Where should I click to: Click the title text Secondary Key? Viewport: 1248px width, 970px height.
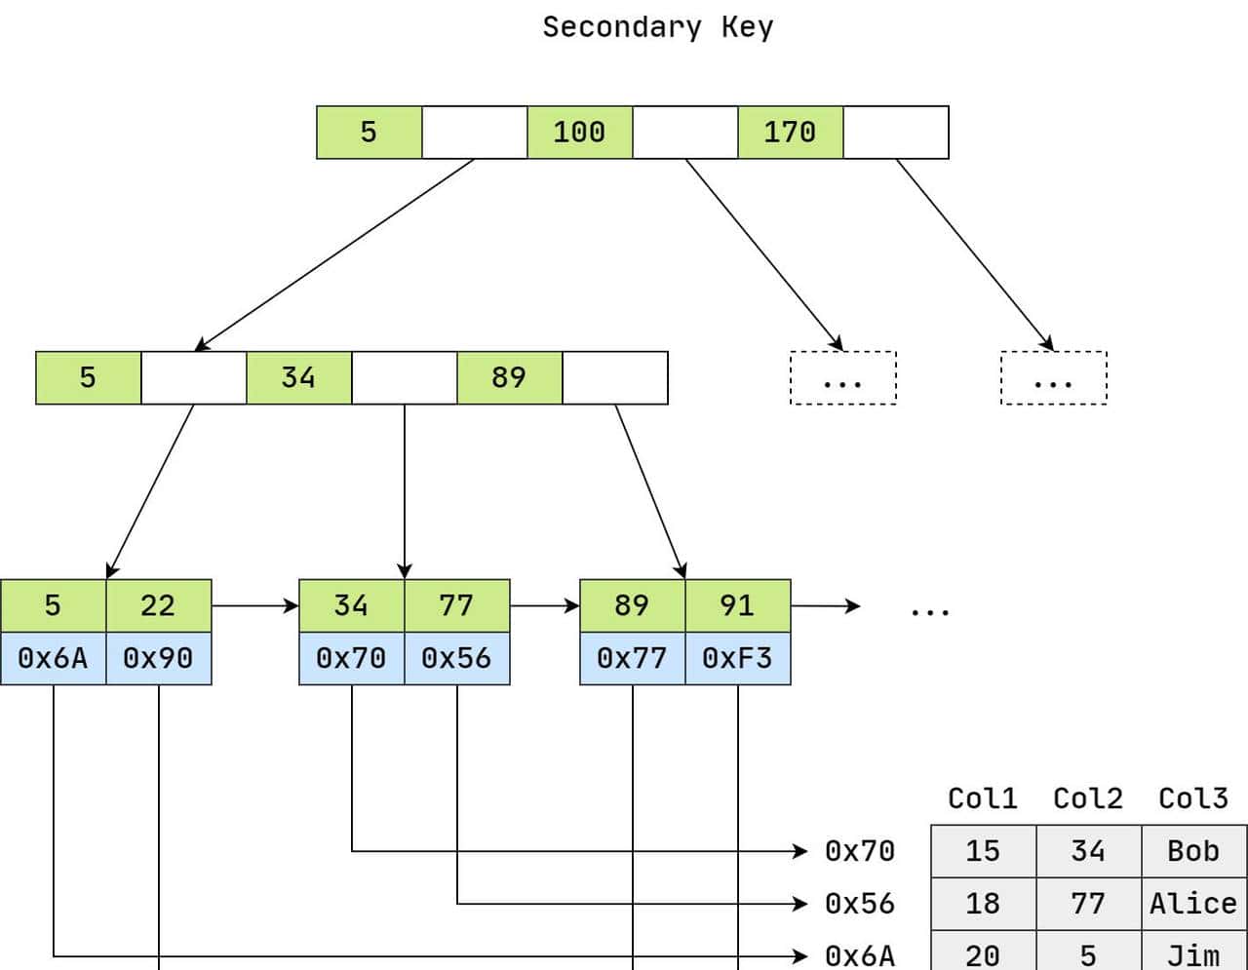(x=657, y=27)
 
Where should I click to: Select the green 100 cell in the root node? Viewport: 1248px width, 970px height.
(x=579, y=132)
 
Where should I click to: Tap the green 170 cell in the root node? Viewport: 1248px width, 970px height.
(x=790, y=132)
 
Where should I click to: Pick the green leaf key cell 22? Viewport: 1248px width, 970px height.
(x=158, y=605)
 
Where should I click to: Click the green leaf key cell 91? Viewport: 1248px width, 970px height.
(x=737, y=605)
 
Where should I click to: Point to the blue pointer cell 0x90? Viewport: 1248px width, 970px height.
(x=158, y=658)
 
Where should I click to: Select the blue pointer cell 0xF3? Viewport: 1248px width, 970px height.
(x=737, y=658)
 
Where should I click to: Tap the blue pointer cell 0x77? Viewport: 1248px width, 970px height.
(x=632, y=658)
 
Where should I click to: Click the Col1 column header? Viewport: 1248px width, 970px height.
(x=983, y=798)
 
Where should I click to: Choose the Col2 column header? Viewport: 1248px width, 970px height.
(x=1088, y=798)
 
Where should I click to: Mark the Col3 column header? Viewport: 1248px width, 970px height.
(x=1193, y=798)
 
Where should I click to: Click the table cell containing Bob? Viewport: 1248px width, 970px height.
(x=1193, y=851)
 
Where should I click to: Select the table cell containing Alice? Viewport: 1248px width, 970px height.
(x=1193, y=904)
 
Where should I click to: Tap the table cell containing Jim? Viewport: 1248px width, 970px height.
(x=1193, y=953)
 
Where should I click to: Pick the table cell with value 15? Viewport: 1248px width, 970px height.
(x=983, y=851)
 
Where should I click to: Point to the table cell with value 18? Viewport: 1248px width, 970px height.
(x=983, y=904)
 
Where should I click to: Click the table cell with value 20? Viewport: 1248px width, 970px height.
(x=983, y=953)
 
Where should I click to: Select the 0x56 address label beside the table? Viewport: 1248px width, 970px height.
(x=860, y=904)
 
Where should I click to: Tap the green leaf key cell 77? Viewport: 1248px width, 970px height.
(x=456, y=605)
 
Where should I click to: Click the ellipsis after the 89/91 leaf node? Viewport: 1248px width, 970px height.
(x=929, y=611)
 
